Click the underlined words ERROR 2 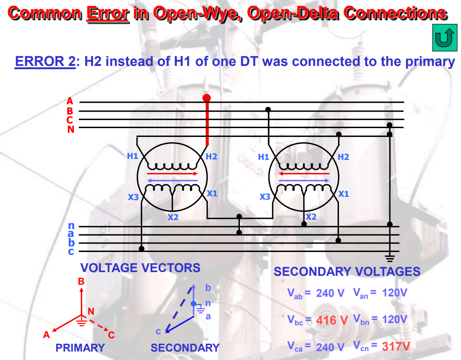point(45,61)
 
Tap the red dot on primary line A point(207,98)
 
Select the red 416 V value point(332,320)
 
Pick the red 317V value point(396,346)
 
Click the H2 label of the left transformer point(211,156)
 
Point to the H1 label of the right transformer point(264,157)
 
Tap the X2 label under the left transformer point(173,217)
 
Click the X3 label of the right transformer point(265,197)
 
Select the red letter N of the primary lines point(71,130)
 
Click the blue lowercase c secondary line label point(71,252)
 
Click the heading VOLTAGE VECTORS point(140,268)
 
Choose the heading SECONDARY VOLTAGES point(346,272)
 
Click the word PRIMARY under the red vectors point(80,348)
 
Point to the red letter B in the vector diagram point(81,281)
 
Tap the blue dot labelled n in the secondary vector point(194,304)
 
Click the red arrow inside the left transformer point(173,173)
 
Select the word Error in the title point(108,13)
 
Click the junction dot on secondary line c point(142,248)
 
